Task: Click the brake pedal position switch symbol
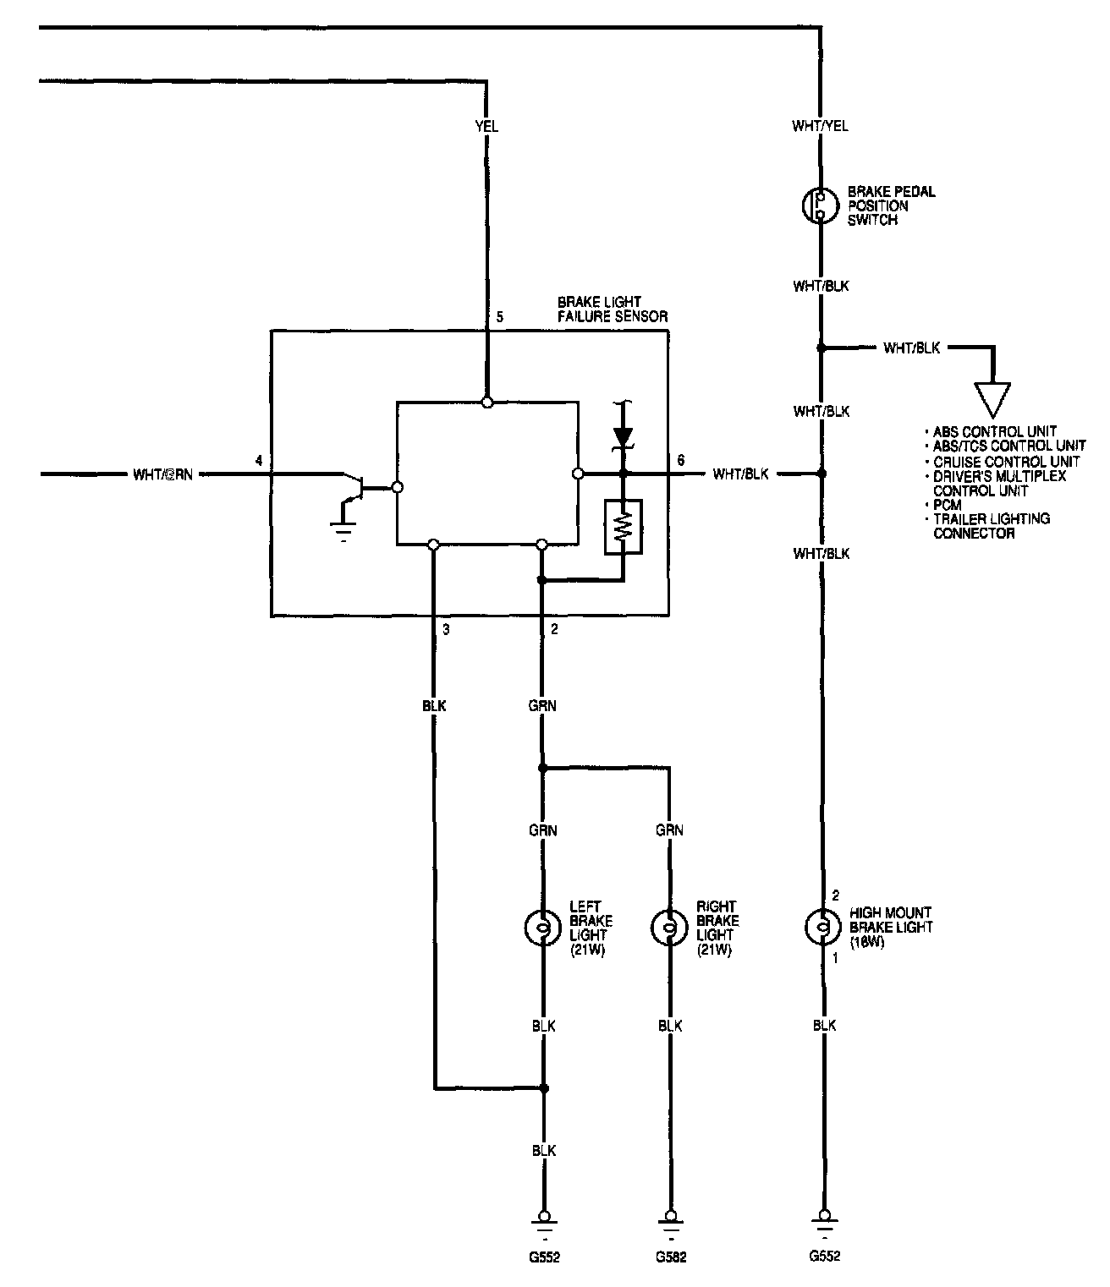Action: [820, 205]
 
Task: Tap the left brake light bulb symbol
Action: [542, 927]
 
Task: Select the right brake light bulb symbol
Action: [668, 927]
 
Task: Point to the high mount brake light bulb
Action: [821, 927]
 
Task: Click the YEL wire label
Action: [486, 126]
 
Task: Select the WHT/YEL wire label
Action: [820, 126]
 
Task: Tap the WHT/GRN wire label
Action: [162, 474]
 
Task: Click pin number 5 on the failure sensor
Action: [500, 317]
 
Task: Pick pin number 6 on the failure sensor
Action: [680, 460]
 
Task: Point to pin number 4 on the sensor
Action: [259, 460]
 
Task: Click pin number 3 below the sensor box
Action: [446, 629]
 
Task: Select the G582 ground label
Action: [670, 1257]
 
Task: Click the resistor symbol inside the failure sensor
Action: [624, 527]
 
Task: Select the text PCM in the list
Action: [947, 505]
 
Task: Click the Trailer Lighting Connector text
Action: [991, 526]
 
